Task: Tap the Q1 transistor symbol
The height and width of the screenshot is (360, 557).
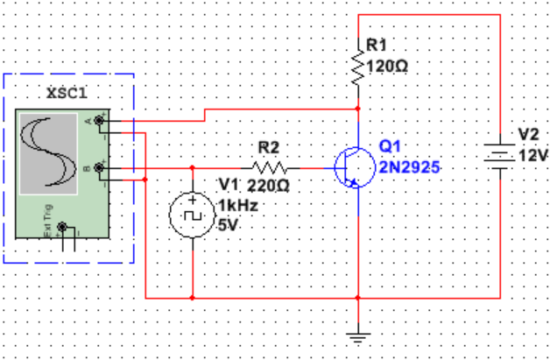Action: click(352, 166)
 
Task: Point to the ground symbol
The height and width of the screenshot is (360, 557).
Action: click(358, 333)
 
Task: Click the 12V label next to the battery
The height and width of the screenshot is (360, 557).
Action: click(533, 155)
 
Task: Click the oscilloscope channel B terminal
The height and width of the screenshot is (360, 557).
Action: click(99, 166)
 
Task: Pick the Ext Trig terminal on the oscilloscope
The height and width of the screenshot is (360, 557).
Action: click(61, 229)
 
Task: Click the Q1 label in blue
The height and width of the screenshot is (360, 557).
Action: click(391, 145)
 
